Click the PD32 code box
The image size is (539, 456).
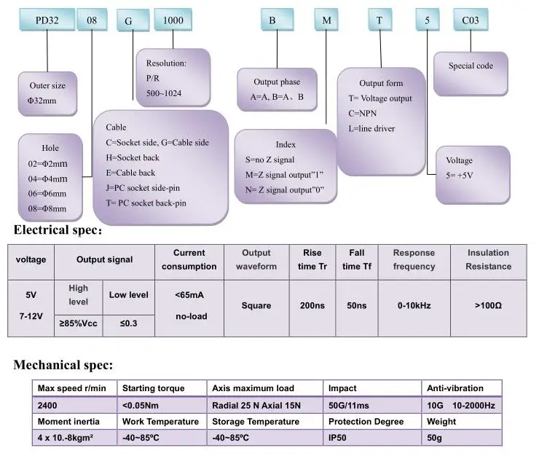pos(47,20)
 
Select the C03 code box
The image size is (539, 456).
pos(471,20)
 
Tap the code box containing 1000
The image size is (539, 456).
pos(173,20)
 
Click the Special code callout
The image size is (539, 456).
pos(471,74)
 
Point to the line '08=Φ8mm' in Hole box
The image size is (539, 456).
pos(47,208)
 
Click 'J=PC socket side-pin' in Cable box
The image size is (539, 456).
pos(143,188)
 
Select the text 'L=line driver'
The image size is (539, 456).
pos(371,129)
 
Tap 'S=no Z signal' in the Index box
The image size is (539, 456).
pos(269,160)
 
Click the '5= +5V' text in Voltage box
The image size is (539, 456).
pos(460,176)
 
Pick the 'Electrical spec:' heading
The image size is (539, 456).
pos(58,229)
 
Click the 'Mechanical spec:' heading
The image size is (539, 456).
pos(63,364)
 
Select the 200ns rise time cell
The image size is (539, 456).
pos(312,305)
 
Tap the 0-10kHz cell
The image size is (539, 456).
pos(414,305)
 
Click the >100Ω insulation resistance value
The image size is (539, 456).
pos(488,305)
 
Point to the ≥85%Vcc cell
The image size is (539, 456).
pos(79,323)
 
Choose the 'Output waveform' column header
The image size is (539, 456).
pos(256,259)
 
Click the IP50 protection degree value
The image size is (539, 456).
pos(337,438)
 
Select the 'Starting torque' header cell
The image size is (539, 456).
pos(162,388)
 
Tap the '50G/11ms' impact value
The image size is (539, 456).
pos(349,406)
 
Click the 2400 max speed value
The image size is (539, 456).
pos(47,406)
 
